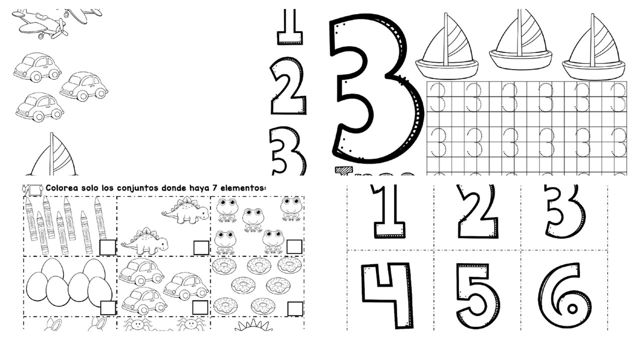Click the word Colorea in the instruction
point(61,188)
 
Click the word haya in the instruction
point(203,188)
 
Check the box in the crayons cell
point(107,247)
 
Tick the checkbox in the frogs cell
point(294,247)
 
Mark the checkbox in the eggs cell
point(107,307)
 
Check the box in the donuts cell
point(295,308)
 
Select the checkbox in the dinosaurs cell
point(201,247)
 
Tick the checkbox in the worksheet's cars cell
point(200,307)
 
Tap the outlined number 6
point(565,295)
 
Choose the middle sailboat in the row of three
point(520,40)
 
